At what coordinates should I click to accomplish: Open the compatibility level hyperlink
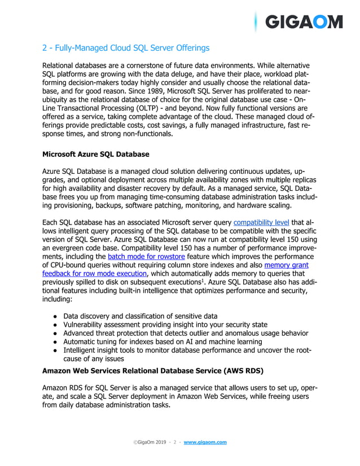point(261,222)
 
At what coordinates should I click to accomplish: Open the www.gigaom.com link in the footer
point(205,442)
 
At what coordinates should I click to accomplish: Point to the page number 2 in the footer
point(175,442)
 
